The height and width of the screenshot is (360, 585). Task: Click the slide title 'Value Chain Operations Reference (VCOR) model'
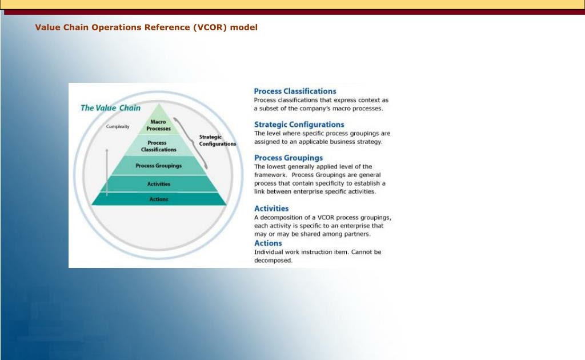pyautogui.click(x=146, y=27)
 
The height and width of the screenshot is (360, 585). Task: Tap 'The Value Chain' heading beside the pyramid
pyautogui.click(x=110, y=107)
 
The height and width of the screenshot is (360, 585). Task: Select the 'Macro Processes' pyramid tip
pyautogui.click(x=158, y=125)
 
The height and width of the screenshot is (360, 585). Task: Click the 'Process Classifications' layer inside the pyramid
pyautogui.click(x=158, y=146)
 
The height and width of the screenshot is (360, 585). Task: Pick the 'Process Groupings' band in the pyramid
pyautogui.click(x=158, y=166)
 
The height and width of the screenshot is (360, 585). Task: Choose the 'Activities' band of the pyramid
pyautogui.click(x=158, y=184)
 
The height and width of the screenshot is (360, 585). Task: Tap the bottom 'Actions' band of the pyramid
pyautogui.click(x=158, y=199)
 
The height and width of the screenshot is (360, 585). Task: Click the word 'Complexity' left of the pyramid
pyautogui.click(x=118, y=126)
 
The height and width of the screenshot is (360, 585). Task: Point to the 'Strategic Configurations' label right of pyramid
pyautogui.click(x=217, y=141)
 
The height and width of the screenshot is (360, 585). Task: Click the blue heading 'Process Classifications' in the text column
pyautogui.click(x=295, y=91)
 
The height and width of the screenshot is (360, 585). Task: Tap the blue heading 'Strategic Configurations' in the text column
pyautogui.click(x=299, y=124)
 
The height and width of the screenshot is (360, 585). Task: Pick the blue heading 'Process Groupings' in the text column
pyautogui.click(x=288, y=158)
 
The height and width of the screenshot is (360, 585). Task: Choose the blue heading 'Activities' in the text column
pyautogui.click(x=271, y=209)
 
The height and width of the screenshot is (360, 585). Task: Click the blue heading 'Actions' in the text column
pyautogui.click(x=268, y=243)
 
